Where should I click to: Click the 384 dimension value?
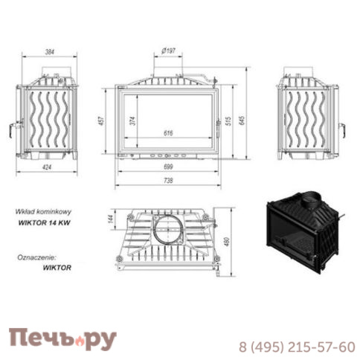pos(50,52)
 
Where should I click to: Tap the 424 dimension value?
pos(47,167)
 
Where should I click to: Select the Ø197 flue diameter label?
pos(168,51)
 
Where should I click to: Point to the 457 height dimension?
pos(102,120)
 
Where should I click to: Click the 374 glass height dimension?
pos(133,120)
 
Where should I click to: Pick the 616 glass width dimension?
pos(168,133)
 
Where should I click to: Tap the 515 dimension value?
pos(228,120)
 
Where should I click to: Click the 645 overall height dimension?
pos(242,120)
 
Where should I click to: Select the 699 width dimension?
pos(168,167)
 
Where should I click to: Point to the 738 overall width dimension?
pos(168,181)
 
